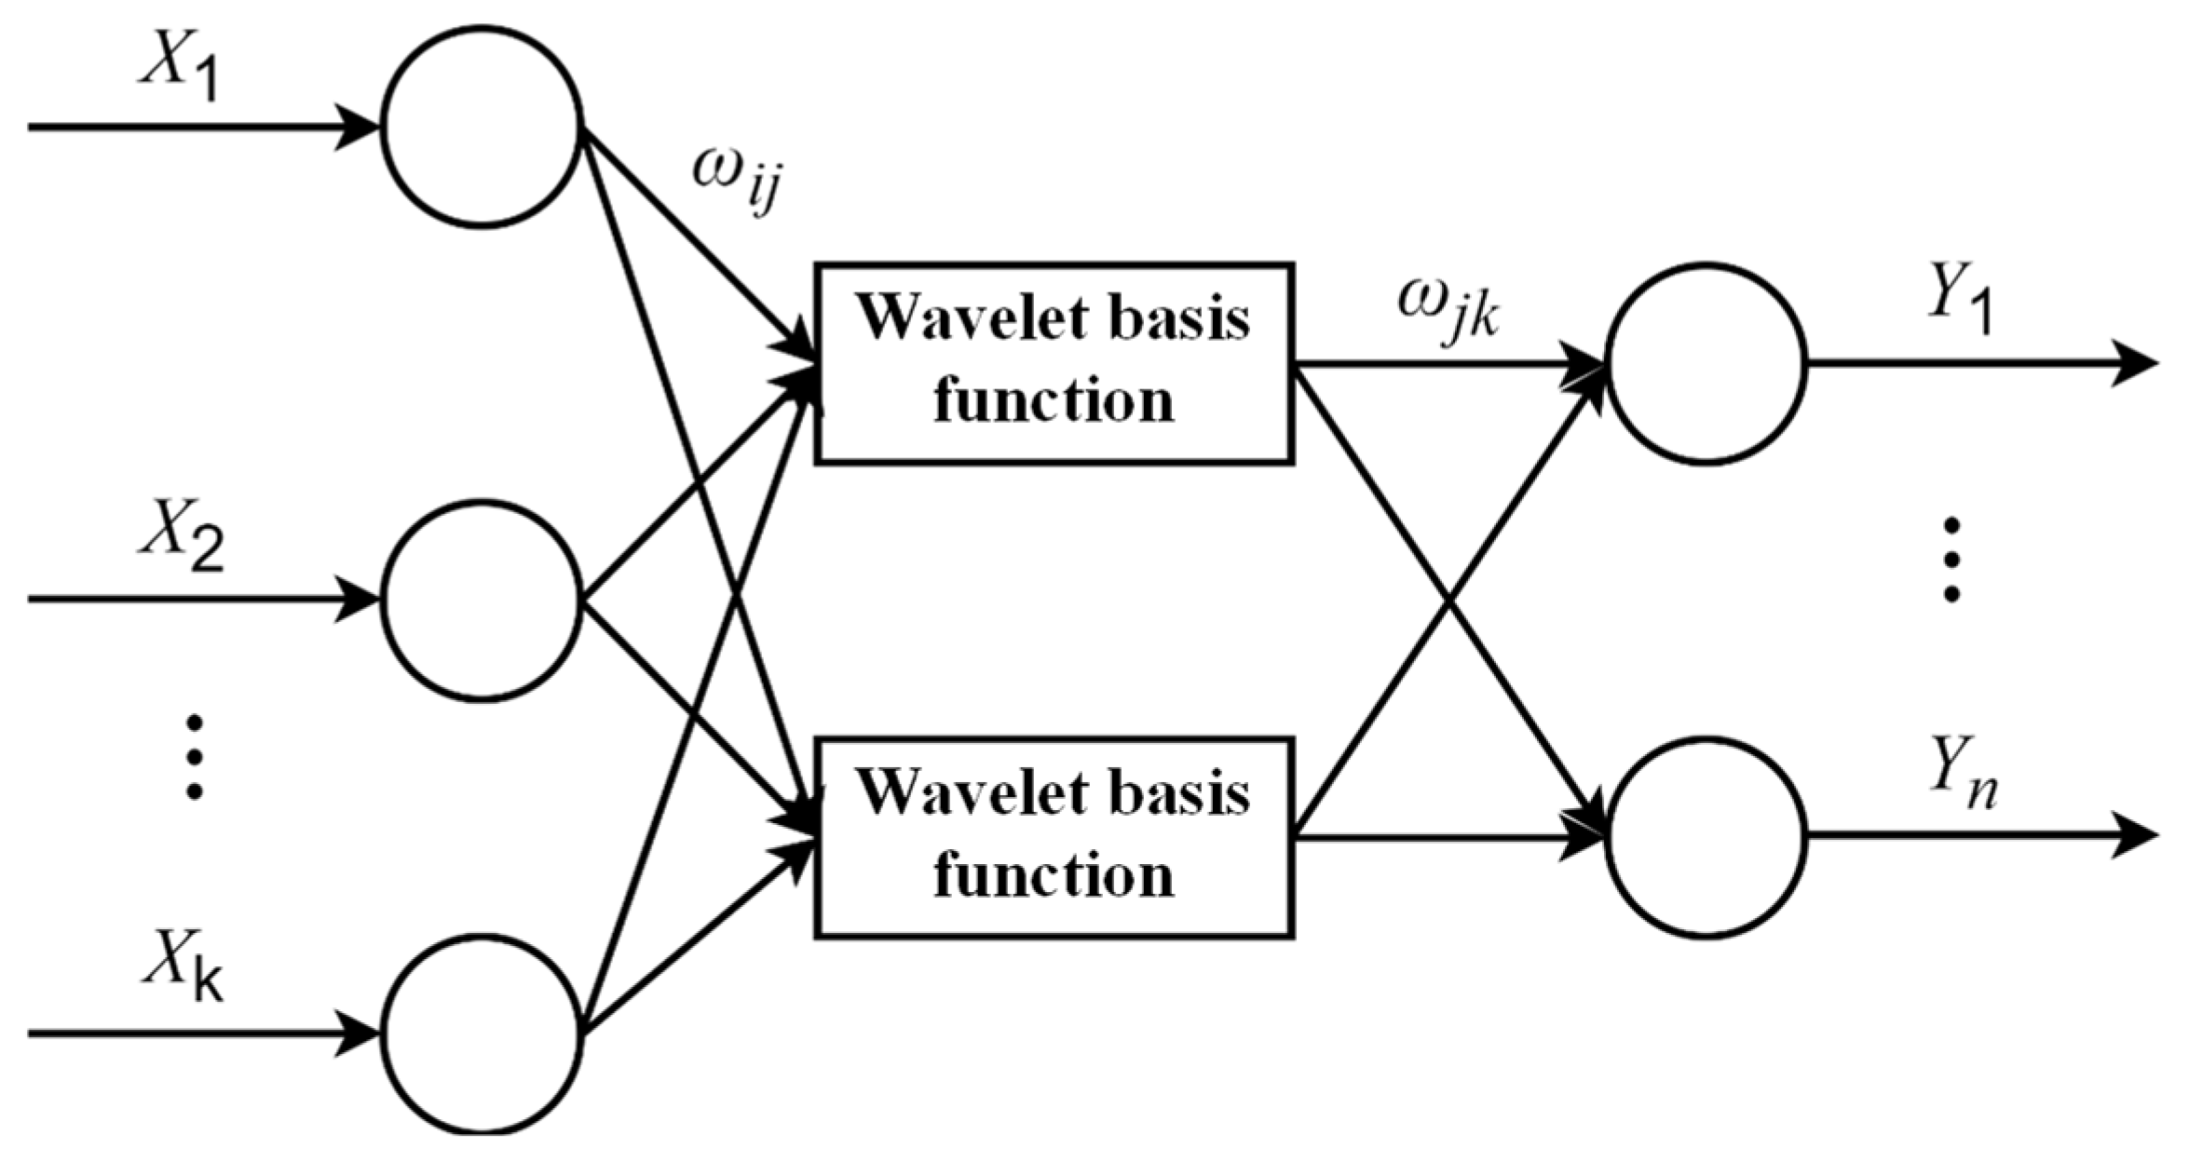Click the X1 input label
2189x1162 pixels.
click(179, 67)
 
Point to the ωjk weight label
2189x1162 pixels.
click(1448, 312)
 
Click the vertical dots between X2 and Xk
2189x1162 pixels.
click(194, 756)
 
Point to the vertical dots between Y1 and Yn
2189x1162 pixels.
click(1951, 559)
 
